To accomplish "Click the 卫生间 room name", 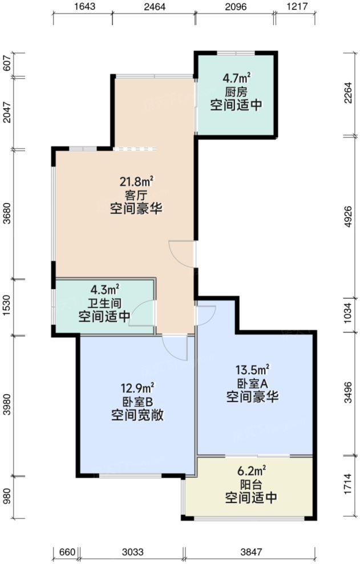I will point(104,303).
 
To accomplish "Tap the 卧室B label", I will point(137,401).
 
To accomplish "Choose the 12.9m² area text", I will point(137,388).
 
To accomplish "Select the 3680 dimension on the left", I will point(7,215).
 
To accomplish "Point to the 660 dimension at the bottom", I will point(67,551).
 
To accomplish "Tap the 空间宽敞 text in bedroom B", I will point(137,415).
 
